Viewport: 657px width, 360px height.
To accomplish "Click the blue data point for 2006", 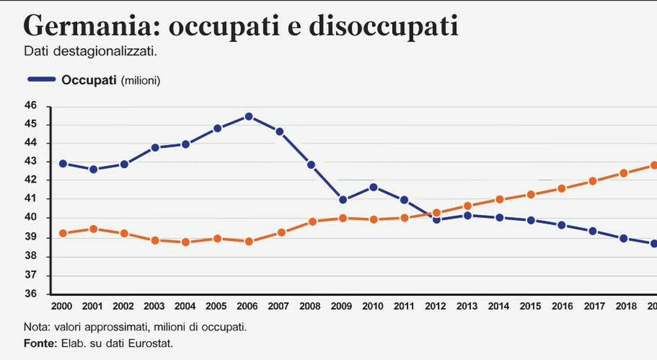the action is [x=249, y=117].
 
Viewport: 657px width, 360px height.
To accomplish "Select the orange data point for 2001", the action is [x=93, y=229].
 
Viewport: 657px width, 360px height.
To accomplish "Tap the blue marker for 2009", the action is [x=342, y=200].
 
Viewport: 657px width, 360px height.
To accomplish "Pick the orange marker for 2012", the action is [x=436, y=213].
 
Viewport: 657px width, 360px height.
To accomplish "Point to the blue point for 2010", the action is [x=373, y=187].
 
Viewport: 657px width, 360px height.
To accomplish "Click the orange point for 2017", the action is [x=592, y=181].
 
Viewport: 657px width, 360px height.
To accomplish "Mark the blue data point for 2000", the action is [x=63, y=163].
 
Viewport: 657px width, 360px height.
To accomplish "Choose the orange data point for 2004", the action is [x=185, y=242].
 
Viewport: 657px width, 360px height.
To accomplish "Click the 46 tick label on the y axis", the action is [x=31, y=105].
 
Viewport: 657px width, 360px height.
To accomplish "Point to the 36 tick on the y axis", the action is [x=31, y=293].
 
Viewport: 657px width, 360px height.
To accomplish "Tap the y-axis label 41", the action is [x=31, y=198].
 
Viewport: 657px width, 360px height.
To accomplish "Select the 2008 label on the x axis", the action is [x=310, y=306].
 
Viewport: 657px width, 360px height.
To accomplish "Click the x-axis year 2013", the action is [x=467, y=306].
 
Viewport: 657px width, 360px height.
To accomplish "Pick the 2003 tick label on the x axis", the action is [x=154, y=306].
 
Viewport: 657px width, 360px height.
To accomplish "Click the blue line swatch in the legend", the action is [x=42, y=79].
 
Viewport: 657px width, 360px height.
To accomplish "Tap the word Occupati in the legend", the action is [x=89, y=80].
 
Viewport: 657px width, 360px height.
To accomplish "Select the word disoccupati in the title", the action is [x=383, y=26].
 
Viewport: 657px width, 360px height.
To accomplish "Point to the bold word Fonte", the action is [x=41, y=343].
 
